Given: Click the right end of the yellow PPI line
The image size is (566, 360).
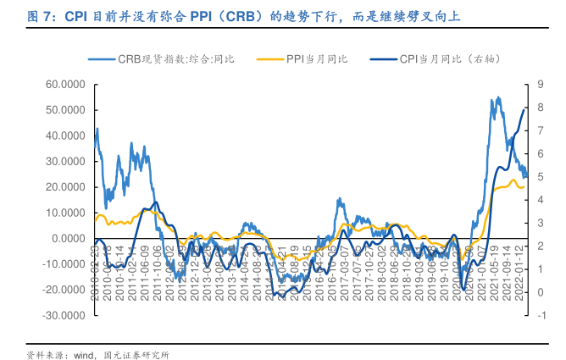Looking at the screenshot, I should click(x=525, y=186).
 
